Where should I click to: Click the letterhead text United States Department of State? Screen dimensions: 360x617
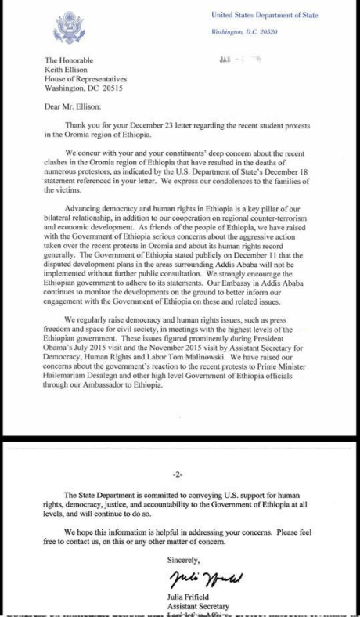(264, 15)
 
